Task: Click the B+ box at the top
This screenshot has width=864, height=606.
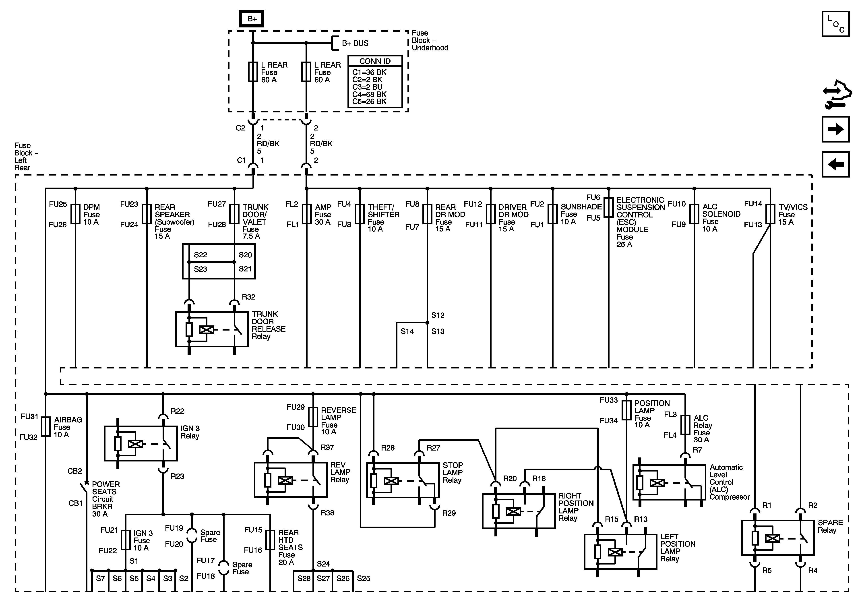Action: coord(252,19)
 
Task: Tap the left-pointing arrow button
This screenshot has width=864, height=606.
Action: coord(835,164)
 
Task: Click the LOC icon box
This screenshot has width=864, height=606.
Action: coord(835,24)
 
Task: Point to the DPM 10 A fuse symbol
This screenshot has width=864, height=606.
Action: coord(76,214)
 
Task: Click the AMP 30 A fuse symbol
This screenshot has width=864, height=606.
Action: coord(307,214)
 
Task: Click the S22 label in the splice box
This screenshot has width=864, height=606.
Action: coord(200,255)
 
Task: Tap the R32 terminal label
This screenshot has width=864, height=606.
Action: coord(248,297)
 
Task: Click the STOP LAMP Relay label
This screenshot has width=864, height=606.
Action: coord(452,473)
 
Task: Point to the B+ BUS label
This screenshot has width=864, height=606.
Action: coord(355,43)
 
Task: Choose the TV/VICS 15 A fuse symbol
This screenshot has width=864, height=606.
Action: coord(770,214)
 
